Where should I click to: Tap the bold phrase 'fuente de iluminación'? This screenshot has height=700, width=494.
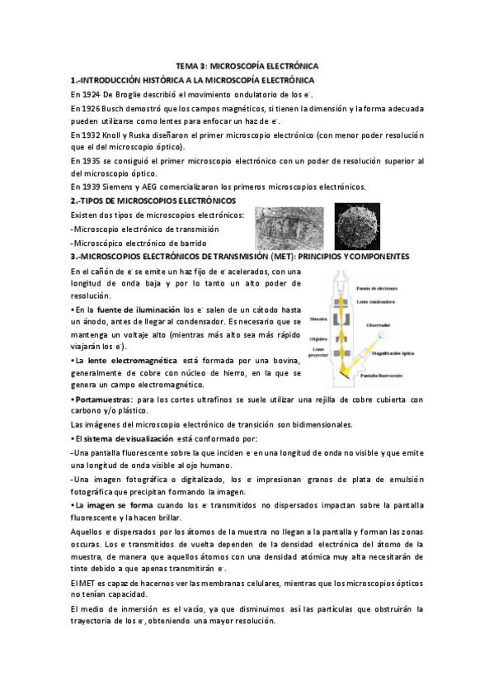coord(132,308)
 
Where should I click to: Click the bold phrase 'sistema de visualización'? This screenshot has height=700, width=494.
coord(127,438)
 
